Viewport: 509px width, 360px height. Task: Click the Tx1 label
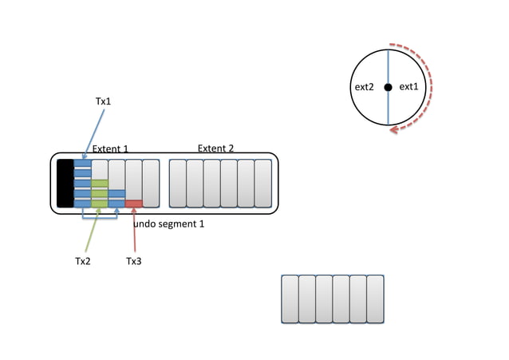(x=104, y=101)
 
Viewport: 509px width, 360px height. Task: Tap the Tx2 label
(x=83, y=261)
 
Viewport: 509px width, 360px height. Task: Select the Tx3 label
(x=134, y=261)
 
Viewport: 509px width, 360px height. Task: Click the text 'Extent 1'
(x=110, y=149)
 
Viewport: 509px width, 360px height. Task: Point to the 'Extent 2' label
(x=215, y=148)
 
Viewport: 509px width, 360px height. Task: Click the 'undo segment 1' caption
(x=168, y=224)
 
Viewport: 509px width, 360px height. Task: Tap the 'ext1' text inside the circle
(x=408, y=87)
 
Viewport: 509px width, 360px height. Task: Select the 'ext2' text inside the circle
(x=364, y=87)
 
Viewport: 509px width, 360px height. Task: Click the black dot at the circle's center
(x=388, y=87)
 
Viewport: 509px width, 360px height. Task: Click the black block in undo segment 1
(x=65, y=183)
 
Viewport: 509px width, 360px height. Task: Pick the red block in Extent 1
(x=133, y=204)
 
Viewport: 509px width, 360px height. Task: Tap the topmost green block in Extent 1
(x=99, y=184)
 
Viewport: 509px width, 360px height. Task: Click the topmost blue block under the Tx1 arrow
(x=82, y=164)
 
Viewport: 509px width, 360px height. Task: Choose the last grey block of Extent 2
(x=262, y=183)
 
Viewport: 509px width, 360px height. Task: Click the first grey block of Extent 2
(x=177, y=183)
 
